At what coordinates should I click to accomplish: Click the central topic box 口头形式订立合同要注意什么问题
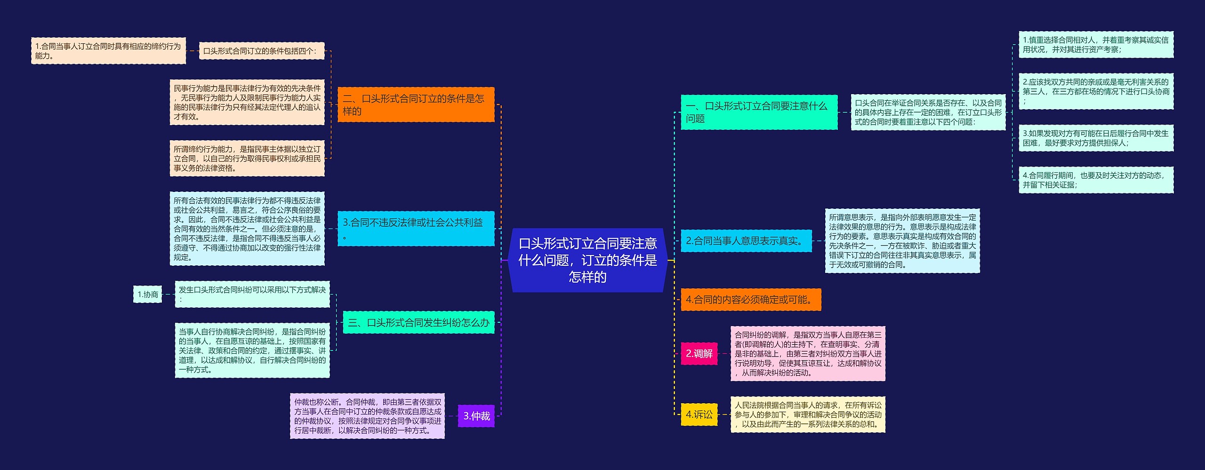click(587, 260)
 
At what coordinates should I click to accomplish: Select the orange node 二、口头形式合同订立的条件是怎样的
click(416, 104)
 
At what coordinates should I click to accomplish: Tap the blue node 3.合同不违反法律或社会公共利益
click(416, 228)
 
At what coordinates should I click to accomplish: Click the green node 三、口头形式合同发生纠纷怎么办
click(418, 322)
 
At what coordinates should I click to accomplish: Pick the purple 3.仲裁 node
click(476, 416)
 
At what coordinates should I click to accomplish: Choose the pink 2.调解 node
click(699, 354)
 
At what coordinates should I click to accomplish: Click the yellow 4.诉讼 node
click(699, 414)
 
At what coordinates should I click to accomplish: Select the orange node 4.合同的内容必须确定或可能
click(750, 300)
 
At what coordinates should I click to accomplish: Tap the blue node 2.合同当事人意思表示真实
click(746, 241)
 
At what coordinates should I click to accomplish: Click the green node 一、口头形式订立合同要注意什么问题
click(758, 112)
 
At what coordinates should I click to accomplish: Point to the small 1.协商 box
click(147, 295)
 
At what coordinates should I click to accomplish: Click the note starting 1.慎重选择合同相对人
click(1095, 45)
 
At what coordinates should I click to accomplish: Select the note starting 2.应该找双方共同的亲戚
click(1095, 91)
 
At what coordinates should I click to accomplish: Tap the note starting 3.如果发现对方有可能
click(1095, 138)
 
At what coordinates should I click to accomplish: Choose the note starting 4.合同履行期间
click(1095, 180)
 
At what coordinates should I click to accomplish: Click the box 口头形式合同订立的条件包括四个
click(261, 51)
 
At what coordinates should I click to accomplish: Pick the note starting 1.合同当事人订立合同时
click(108, 51)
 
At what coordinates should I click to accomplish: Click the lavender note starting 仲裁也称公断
click(367, 416)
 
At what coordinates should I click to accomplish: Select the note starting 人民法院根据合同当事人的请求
click(807, 414)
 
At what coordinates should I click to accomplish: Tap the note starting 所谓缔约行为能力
click(247, 158)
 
